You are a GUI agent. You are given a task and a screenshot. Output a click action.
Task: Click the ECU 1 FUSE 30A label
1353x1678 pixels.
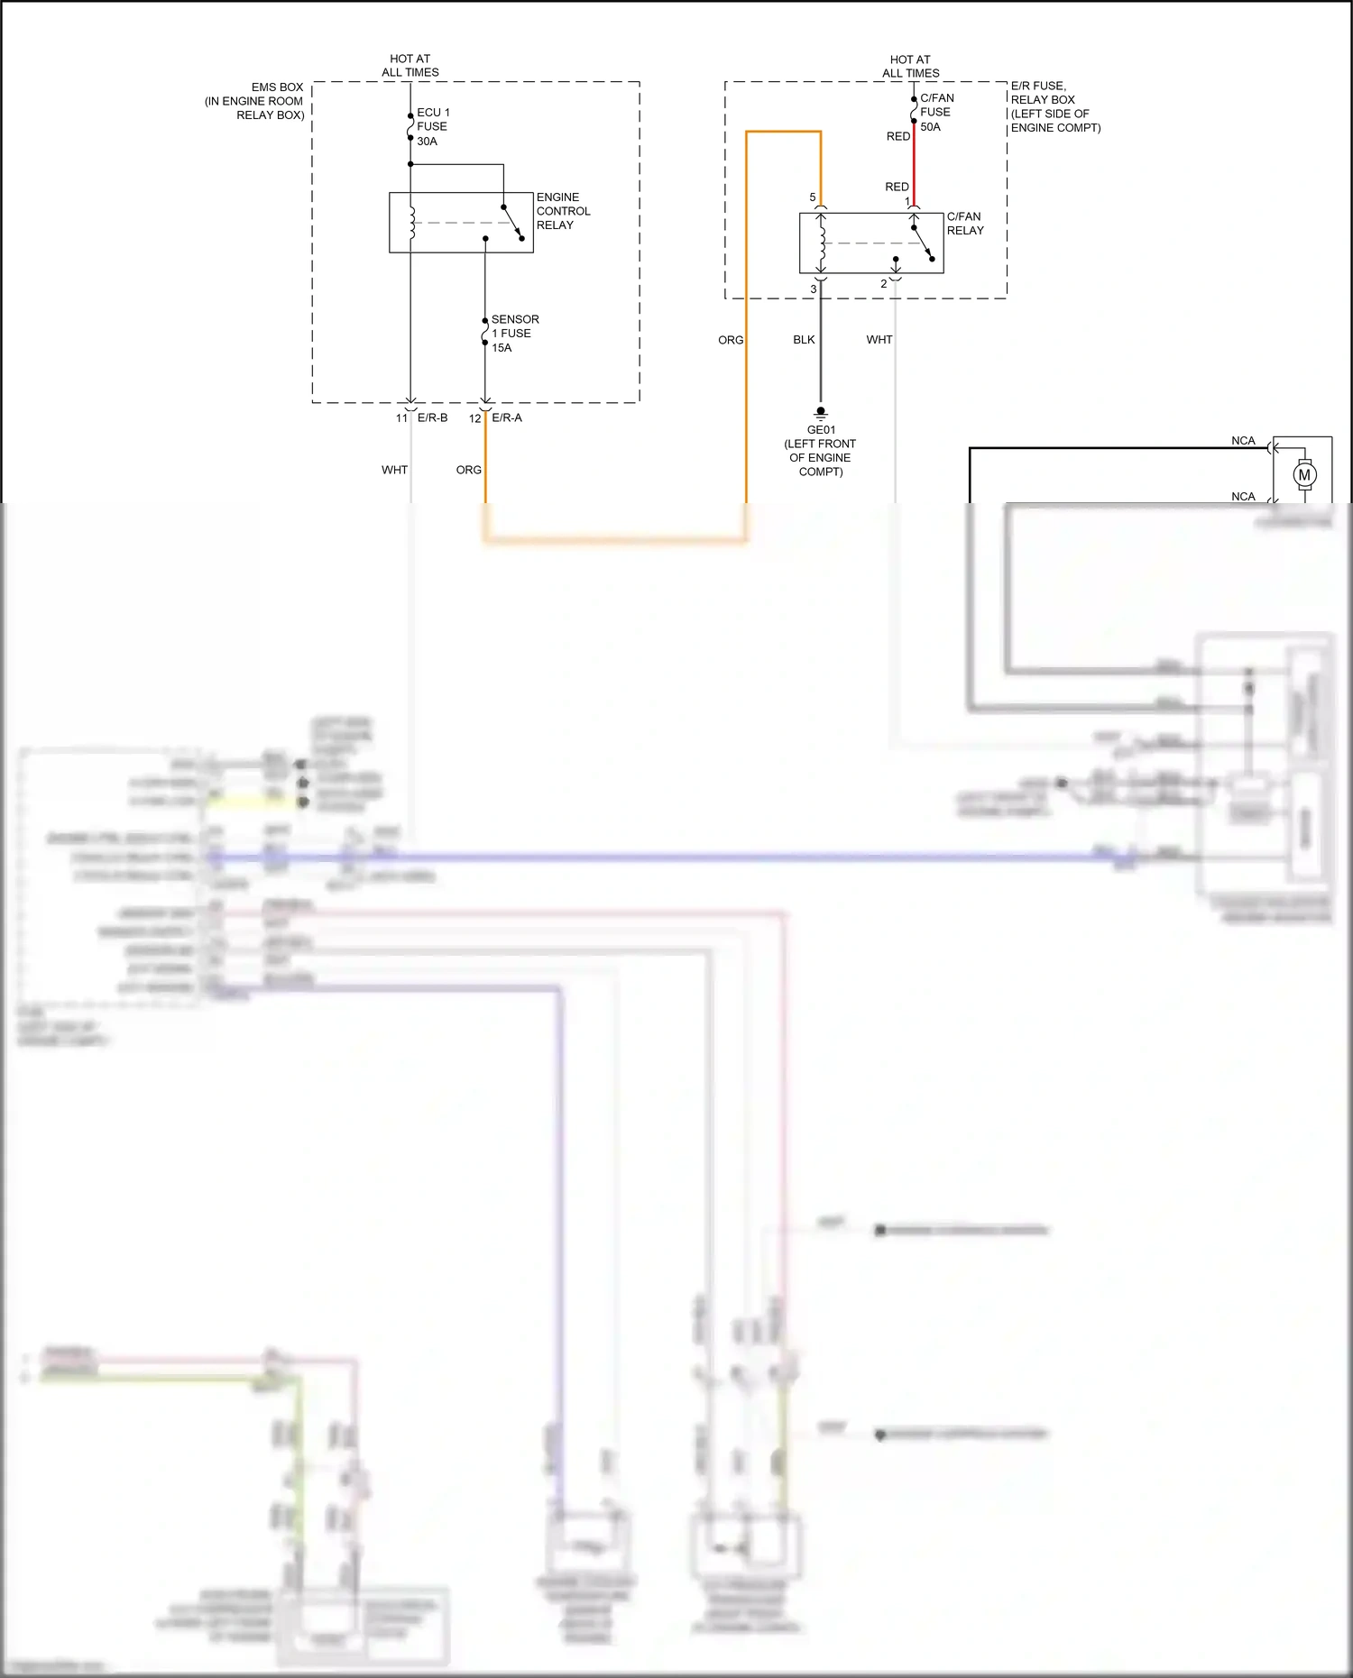(433, 126)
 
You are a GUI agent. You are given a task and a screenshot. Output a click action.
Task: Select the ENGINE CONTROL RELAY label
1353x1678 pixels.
(563, 211)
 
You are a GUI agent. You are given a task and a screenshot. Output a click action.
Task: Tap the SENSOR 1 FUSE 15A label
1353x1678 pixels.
(514, 334)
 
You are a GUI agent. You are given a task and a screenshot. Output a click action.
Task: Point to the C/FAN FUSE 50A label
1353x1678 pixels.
(936, 112)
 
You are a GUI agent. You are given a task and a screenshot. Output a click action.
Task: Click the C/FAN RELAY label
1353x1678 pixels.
(964, 224)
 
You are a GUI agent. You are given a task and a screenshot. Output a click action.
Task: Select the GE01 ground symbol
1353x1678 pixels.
(821, 413)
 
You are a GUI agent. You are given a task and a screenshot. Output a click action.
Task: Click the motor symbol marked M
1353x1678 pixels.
(1303, 474)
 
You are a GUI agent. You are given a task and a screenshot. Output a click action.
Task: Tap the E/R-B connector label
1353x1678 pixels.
(432, 417)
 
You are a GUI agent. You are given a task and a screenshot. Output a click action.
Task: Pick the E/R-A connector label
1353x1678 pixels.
(506, 417)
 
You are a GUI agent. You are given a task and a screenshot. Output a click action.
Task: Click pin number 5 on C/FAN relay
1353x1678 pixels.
(812, 197)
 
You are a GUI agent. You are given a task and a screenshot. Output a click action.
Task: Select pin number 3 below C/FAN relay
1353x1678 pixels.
(813, 289)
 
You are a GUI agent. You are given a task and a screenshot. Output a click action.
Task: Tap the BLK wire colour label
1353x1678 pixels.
(804, 340)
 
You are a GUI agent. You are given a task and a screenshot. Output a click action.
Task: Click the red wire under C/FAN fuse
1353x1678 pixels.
(914, 167)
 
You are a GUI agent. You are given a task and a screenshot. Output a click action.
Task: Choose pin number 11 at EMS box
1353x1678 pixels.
(401, 418)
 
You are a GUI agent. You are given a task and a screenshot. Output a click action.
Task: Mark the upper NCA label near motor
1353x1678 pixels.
(1243, 441)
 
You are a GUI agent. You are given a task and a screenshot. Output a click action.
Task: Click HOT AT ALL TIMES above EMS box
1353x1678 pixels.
(410, 65)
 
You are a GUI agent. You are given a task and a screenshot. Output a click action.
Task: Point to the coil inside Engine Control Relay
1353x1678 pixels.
(412, 223)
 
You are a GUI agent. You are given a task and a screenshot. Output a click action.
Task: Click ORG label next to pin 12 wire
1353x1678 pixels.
(468, 470)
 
